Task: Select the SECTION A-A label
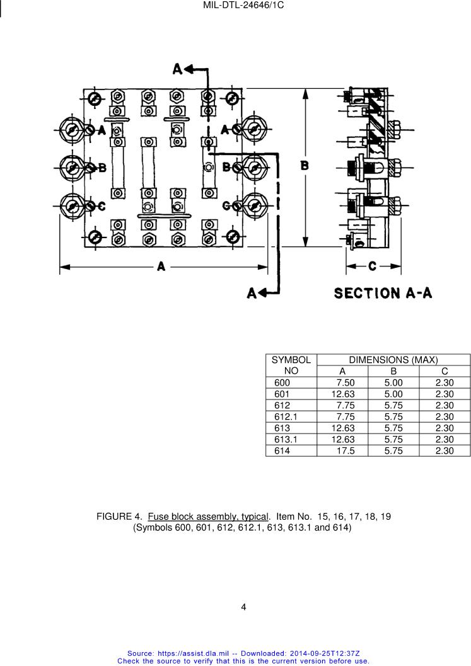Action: tap(383, 294)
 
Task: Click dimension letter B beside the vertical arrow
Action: tap(305, 165)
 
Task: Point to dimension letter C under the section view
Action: tap(373, 267)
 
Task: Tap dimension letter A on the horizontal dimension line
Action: tap(161, 267)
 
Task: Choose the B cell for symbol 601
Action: tap(393, 394)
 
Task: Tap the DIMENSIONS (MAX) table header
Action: tap(393, 360)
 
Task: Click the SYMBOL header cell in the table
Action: tap(291, 360)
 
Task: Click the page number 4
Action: tap(243, 607)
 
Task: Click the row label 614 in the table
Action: tap(282, 451)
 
